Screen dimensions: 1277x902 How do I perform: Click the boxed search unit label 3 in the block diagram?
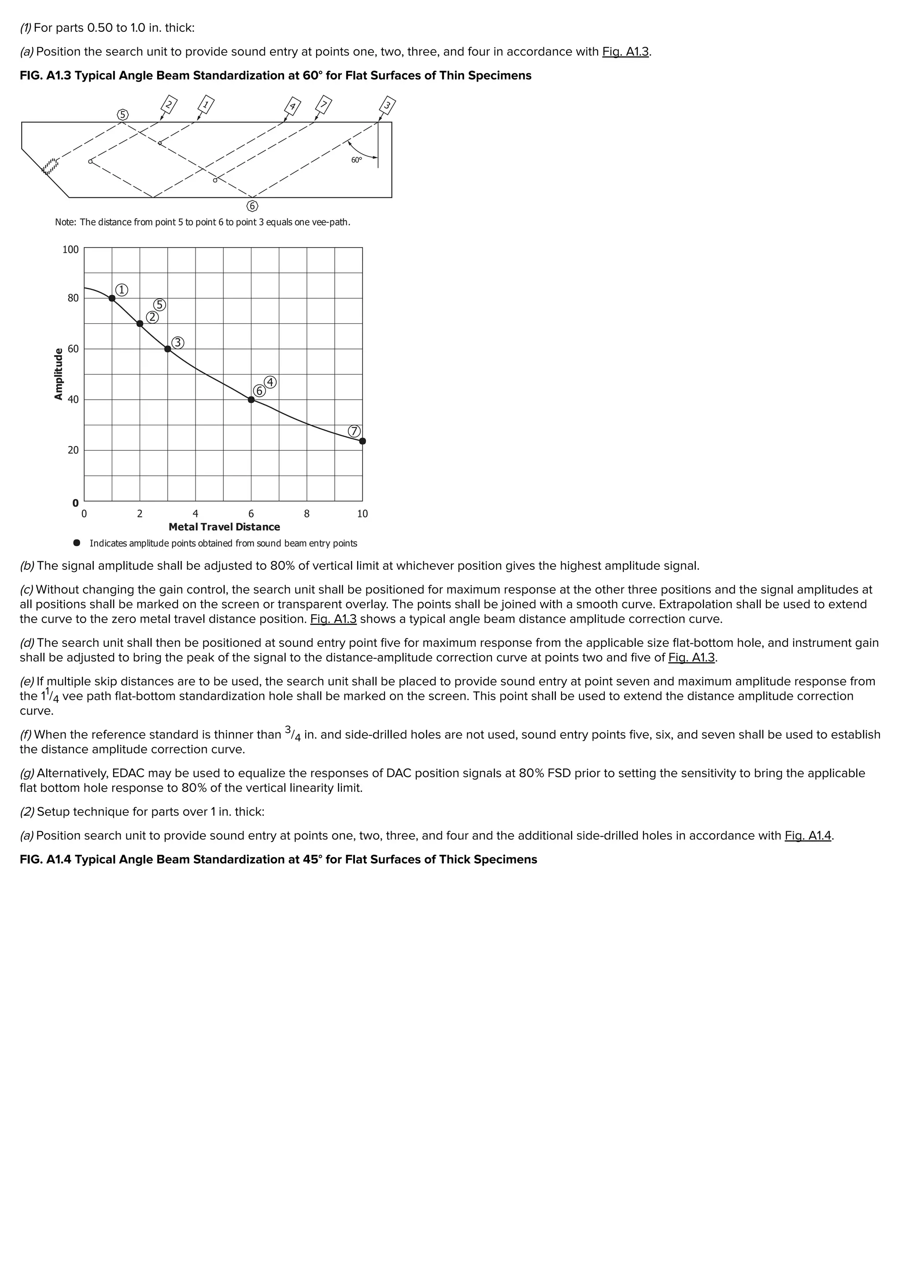pos(388,105)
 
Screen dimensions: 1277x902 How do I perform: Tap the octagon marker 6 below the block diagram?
pos(252,206)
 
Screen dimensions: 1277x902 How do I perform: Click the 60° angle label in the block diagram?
pos(356,160)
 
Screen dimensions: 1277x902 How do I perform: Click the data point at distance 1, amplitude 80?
pos(112,298)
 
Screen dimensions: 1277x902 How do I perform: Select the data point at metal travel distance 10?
pos(362,441)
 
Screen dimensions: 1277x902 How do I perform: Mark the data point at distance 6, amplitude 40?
pos(251,399)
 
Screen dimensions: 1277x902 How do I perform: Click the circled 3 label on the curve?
pos(177,343)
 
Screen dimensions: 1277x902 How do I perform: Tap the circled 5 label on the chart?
pos(159,305)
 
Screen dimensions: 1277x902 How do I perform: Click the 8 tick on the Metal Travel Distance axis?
pos(307,514)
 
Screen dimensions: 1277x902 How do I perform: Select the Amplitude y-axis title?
pos(58,374)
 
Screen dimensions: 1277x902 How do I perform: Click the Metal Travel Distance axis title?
pos(224,527)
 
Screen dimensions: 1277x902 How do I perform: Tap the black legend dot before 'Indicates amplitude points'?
pos(77,543)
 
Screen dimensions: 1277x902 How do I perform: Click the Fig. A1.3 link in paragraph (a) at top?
pos(625,52)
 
